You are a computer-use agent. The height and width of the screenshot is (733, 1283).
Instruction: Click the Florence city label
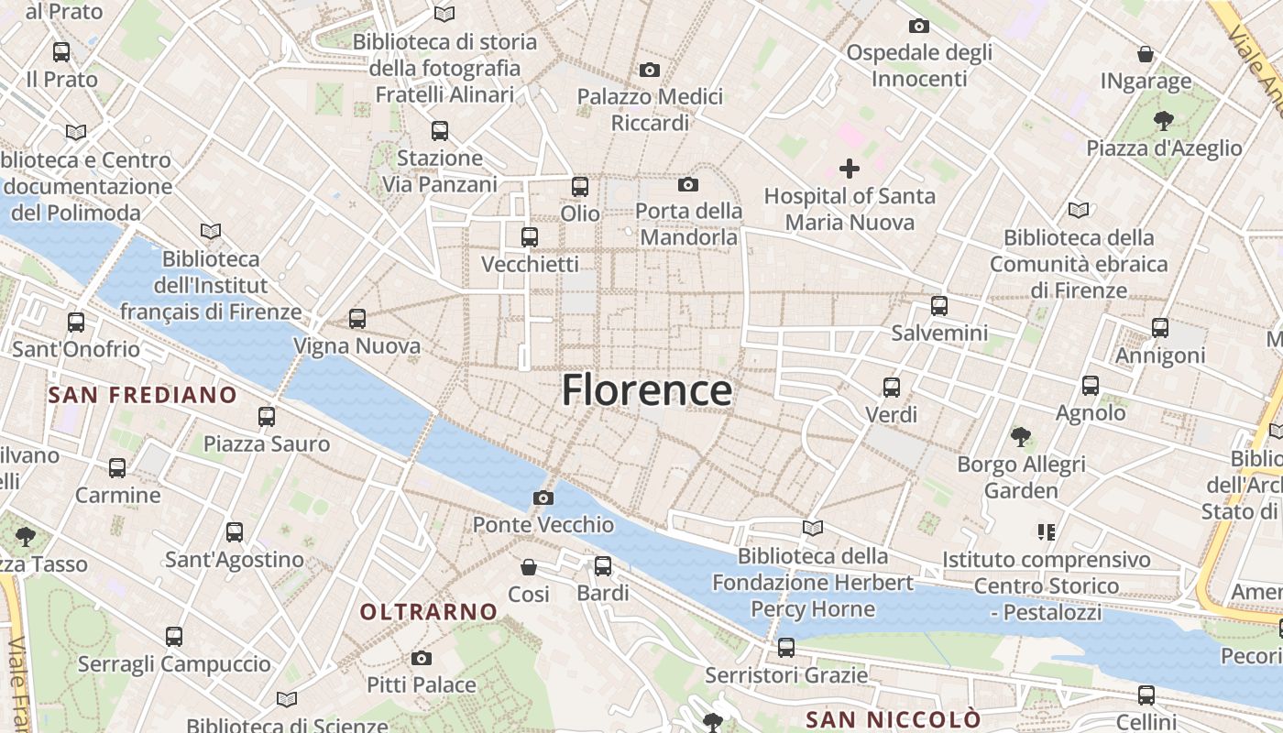[x=647, y=390]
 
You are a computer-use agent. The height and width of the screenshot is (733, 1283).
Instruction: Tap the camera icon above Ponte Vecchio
[x=543, y=498]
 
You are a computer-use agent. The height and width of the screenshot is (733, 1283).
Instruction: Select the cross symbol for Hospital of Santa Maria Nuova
[x=850, y=169]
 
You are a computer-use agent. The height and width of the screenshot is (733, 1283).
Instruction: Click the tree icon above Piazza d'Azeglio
[x=1164, y=120]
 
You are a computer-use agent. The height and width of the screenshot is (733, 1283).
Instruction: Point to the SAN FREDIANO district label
[x=142, y=395]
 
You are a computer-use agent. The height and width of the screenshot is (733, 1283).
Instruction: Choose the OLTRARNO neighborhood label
[x=429, y=611]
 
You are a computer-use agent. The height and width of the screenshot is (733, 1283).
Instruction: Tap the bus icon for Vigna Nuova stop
[x=357, y=319]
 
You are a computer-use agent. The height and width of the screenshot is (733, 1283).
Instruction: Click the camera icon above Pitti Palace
[x=422, y=658]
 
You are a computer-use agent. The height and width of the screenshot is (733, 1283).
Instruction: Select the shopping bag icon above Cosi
[x=529, y=567]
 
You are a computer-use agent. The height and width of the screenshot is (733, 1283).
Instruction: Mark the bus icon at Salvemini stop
[x=939, y=306]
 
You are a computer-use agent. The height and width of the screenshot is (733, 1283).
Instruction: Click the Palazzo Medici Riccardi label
[x=650, y=109]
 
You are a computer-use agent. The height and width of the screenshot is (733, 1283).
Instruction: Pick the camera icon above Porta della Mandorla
[x=688, y=185]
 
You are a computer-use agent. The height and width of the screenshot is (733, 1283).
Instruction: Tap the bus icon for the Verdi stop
[x=892, y=388]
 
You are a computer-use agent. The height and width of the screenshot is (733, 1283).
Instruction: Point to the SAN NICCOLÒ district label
[x=893, y=719]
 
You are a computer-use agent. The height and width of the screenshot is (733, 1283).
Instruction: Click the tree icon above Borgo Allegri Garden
[x=1021, y=437]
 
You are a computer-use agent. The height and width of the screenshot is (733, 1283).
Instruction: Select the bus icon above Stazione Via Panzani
[x=440, y=131]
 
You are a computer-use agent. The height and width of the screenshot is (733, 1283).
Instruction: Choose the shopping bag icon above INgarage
[x=1146, y=54]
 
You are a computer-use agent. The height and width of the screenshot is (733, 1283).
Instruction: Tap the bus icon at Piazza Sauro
[x=267, y=417]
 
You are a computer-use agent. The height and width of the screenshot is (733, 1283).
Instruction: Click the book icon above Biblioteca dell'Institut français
[x=211, y=232]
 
